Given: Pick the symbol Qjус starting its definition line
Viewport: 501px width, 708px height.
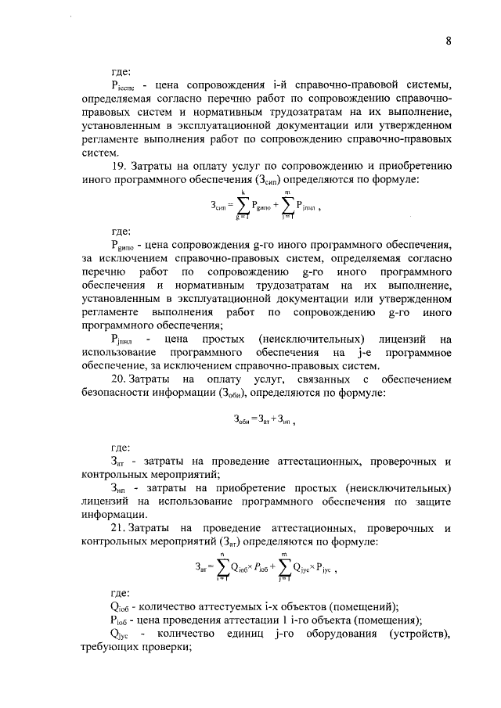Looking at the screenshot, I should (121, 634).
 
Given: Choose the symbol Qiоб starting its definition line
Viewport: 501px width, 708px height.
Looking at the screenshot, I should (122, 608).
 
